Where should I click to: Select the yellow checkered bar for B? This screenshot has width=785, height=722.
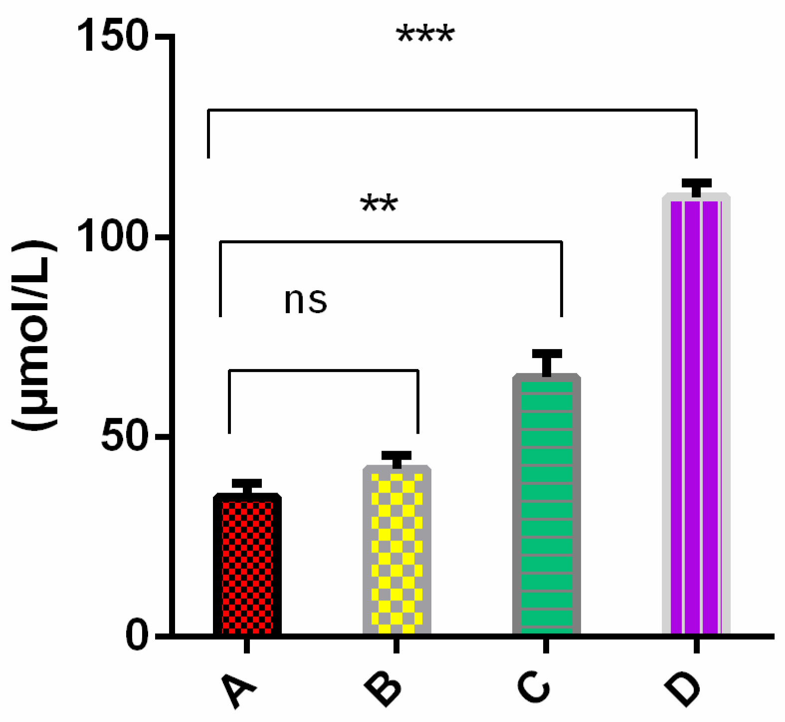397,550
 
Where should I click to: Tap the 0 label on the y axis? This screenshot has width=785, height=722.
137,636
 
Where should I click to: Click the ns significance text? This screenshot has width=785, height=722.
306,301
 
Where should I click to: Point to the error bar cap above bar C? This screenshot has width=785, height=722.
547,354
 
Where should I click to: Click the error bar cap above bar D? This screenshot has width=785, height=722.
696,183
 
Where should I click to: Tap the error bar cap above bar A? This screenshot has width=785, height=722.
247,483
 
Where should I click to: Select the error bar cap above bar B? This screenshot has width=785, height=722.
396,455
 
